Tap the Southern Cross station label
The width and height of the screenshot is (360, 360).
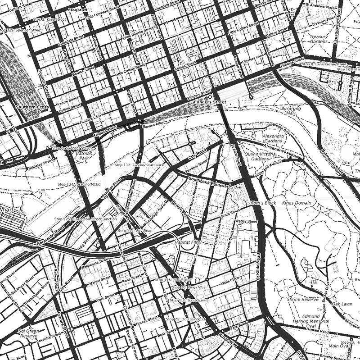(x=31, y=107)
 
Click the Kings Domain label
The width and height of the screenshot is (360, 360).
(x=297, y=203)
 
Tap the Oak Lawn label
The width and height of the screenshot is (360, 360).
(x=342, y=304)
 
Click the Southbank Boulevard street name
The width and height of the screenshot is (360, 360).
(x=210, y=183)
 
